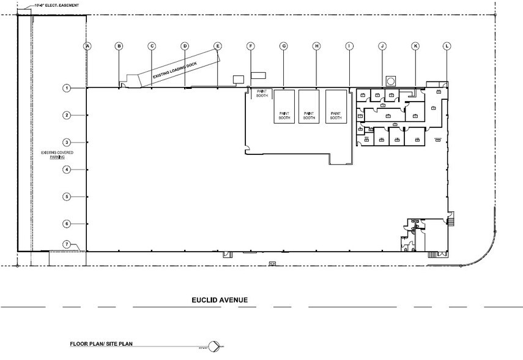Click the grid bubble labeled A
click(x=87, y=46)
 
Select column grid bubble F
click(x=250, y=46)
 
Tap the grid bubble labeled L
click(x=447, y=46)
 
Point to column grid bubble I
click(x=349, y=46)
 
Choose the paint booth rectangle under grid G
click(x=284, y=107)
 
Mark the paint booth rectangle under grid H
click(x=310, y=107)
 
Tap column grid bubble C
click(x=152, y=46)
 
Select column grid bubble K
click(x=415, y=46)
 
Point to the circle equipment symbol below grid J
click(x=390, y=80)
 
